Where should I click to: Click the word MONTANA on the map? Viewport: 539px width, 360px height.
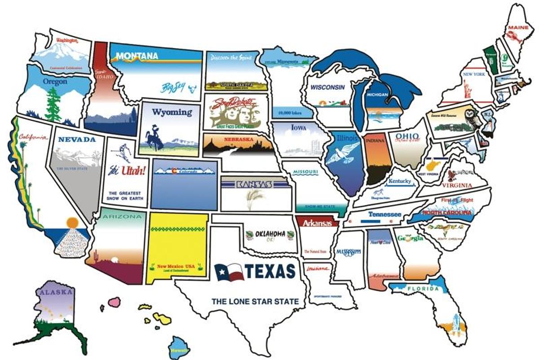[137, 56]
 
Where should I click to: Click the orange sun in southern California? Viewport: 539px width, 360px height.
[71, 222]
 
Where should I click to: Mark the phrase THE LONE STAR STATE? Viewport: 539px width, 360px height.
[255, 302]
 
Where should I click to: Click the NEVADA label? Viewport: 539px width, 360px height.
[77, 139]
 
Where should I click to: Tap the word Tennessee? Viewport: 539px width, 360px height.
[384, 214]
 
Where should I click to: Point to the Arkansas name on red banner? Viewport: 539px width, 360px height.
[317, 222]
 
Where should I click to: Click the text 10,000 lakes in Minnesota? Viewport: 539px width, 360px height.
[289, 113]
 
